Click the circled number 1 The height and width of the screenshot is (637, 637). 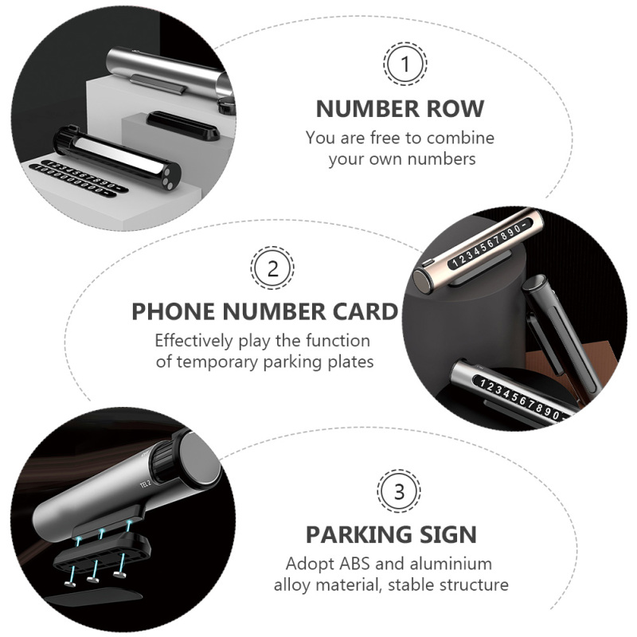405,64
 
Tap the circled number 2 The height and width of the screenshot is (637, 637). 272,268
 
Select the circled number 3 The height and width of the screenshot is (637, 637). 399,491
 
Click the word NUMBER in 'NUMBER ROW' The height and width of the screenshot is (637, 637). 367,109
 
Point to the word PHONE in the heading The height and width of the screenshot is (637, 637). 174,311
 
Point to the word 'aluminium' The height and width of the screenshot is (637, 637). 451,564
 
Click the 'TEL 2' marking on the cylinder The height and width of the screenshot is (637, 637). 146,484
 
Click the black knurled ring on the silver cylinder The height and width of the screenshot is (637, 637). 164,463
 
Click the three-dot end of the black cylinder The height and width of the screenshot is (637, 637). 170,176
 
